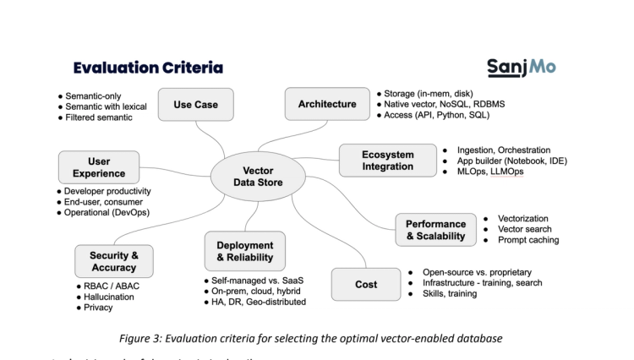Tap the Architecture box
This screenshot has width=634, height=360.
pos(326,103)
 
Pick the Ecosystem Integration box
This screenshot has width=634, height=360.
pos(385,160)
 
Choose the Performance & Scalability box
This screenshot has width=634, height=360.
pos(435,229)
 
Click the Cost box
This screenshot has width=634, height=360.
pos(364,285)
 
